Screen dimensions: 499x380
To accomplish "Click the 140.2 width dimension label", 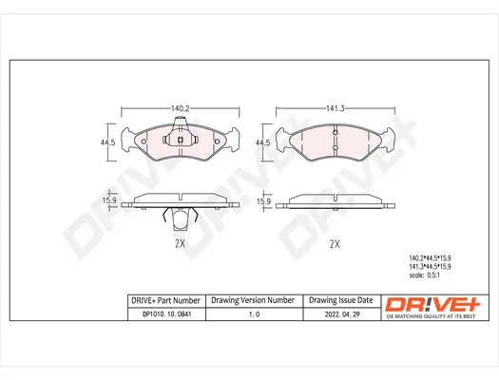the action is point(181,108).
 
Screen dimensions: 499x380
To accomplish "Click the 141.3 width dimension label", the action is point(336,108).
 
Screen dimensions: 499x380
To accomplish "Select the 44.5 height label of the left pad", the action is point(108,142).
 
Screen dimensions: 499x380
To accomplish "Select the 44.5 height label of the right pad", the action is point(262,142).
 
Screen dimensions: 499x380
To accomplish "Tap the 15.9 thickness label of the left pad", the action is point(109,200).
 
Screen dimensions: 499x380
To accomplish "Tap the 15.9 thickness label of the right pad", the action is point(264,201).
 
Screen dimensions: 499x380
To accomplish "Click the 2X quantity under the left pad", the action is point(180,243).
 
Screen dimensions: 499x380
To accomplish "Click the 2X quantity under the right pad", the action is point(335,244).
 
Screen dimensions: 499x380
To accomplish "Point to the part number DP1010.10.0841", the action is point(166,314).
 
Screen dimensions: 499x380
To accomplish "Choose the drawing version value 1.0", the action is point(254,314).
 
